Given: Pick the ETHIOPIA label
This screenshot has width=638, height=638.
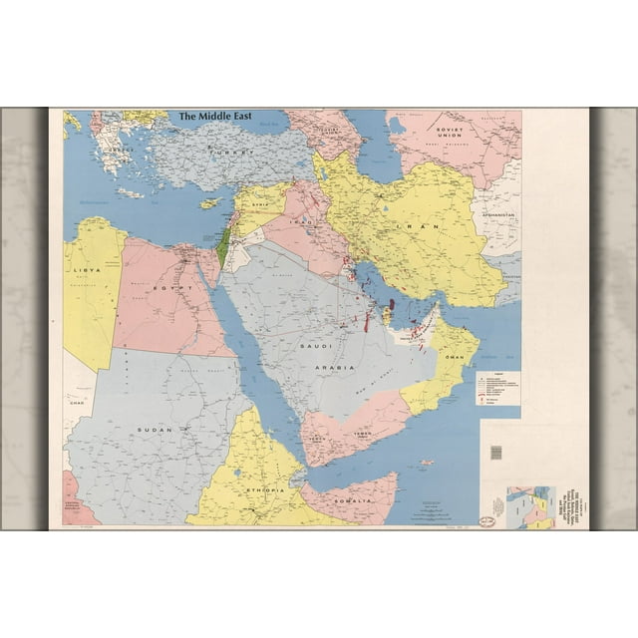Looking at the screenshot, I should [257, 490].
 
